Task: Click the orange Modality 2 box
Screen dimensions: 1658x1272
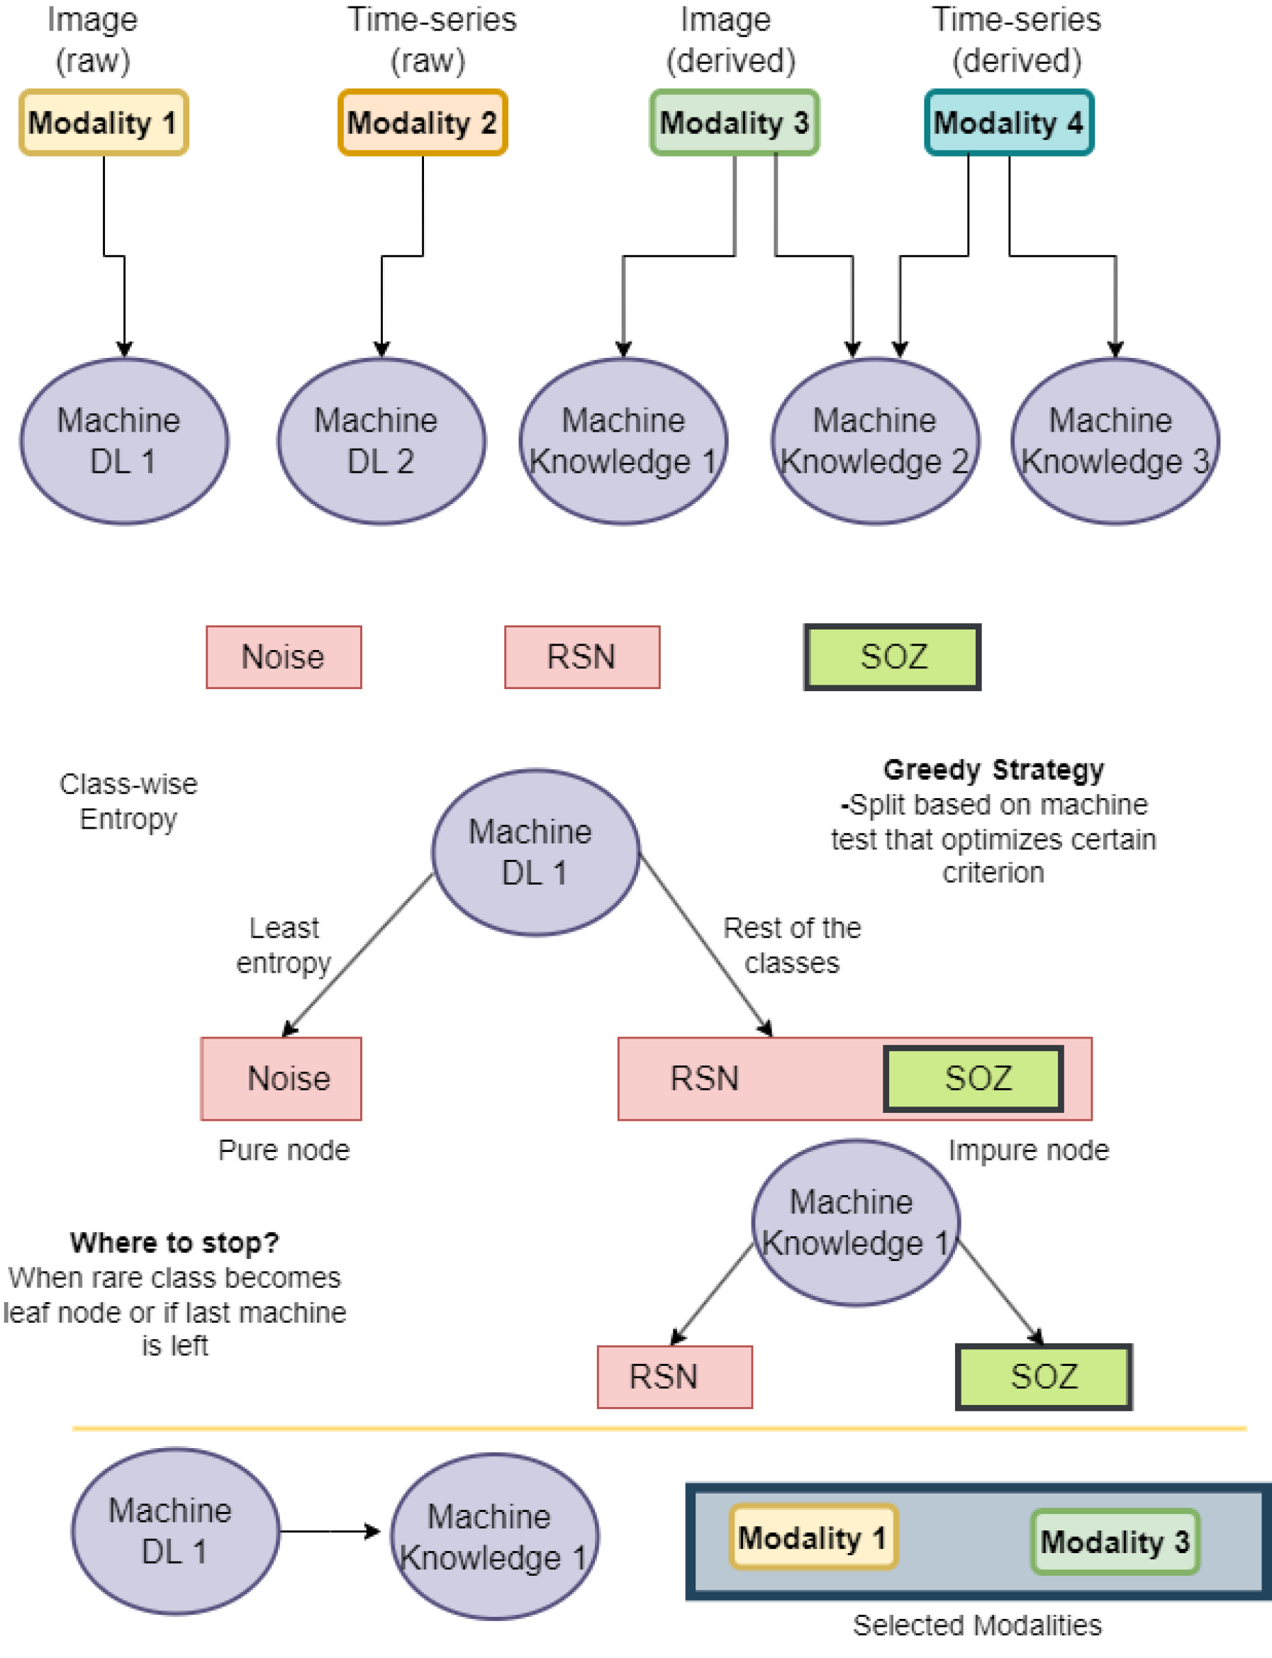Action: (x=423, y=122)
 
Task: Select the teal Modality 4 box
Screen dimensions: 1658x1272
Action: (x=1008, y=122)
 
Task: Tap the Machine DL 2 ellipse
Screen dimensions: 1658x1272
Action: (x=381, y=440)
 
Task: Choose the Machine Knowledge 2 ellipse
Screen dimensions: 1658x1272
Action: (x=875, y=440)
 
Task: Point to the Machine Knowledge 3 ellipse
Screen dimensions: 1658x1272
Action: (x=1115, y=440)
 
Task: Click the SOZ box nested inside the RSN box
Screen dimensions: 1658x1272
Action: (x=973, y=1078)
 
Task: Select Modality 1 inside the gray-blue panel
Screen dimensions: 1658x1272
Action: (x=813, y=1537)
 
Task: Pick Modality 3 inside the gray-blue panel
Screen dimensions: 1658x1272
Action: (x=1115, y=1542)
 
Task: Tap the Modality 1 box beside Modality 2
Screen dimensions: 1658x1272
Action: (x=104, y=122)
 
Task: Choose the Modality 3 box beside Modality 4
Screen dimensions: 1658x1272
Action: (x=735, y=122)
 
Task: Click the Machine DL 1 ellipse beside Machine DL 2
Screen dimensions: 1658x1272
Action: (x=124, y=440)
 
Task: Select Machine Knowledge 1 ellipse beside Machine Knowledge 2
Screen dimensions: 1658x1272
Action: (x=623, y=440)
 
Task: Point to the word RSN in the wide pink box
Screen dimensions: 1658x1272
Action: (x=704, y=1078)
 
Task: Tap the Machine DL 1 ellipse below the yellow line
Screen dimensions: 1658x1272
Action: (x=175, y=1531)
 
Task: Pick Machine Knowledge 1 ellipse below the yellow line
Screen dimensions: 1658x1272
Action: (x=493, y=1536)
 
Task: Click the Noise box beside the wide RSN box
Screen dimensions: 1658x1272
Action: (x=281, y=1078)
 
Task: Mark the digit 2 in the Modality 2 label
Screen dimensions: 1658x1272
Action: (x=488, y=123)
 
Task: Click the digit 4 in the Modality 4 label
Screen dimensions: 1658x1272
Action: (x=1074, y=123)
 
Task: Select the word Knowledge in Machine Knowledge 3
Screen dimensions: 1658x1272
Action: (x=1102, y=461)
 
